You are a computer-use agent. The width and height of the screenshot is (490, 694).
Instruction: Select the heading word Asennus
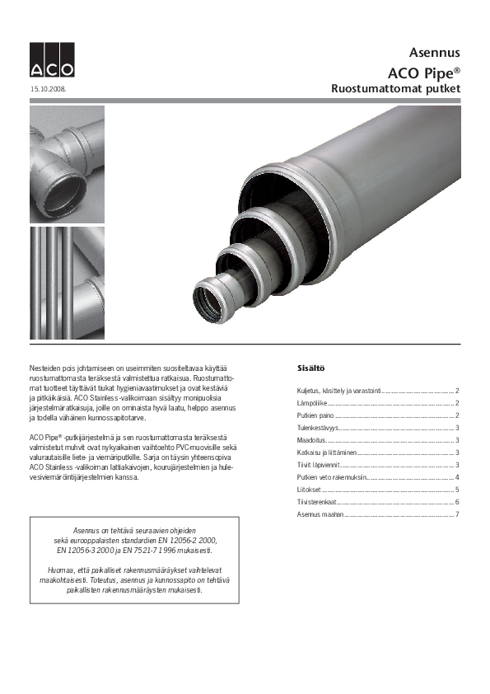[x=435, y=52]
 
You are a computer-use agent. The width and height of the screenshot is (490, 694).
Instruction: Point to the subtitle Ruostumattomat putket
[x=395, y=87]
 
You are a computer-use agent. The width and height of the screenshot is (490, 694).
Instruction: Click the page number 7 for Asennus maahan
[x=456, y=514]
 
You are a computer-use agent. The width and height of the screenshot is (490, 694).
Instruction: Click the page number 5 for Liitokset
[x=456, y=490]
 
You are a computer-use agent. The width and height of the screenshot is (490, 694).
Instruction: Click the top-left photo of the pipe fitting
[x=68, y=164]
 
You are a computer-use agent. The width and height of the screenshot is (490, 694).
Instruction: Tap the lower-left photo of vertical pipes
[x=68, y=284]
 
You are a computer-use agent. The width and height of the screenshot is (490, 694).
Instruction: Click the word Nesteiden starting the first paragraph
[x=44, y=366]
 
